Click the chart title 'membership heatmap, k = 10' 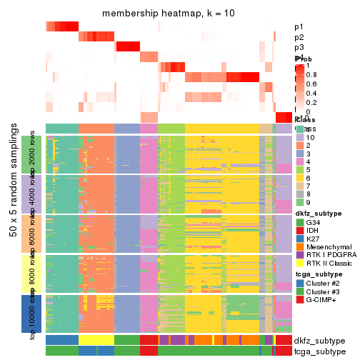pyautogui.click(x=169, y=14)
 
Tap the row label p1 pyautogui.click(x=299, y=26)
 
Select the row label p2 pyautogui.click(x=299, y=37)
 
